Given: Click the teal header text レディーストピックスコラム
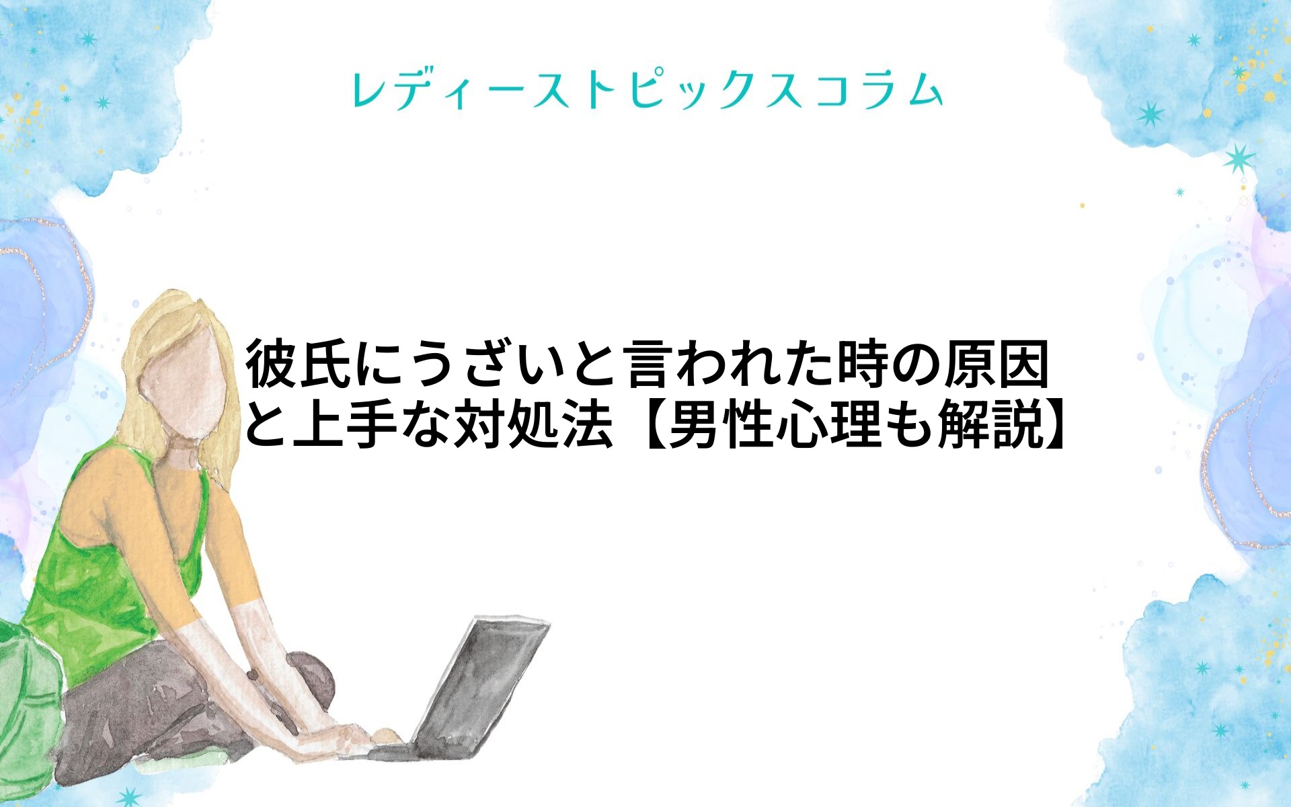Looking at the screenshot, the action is click(x=647, y=90).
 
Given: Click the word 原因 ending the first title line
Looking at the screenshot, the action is click(x=997, y=364).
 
